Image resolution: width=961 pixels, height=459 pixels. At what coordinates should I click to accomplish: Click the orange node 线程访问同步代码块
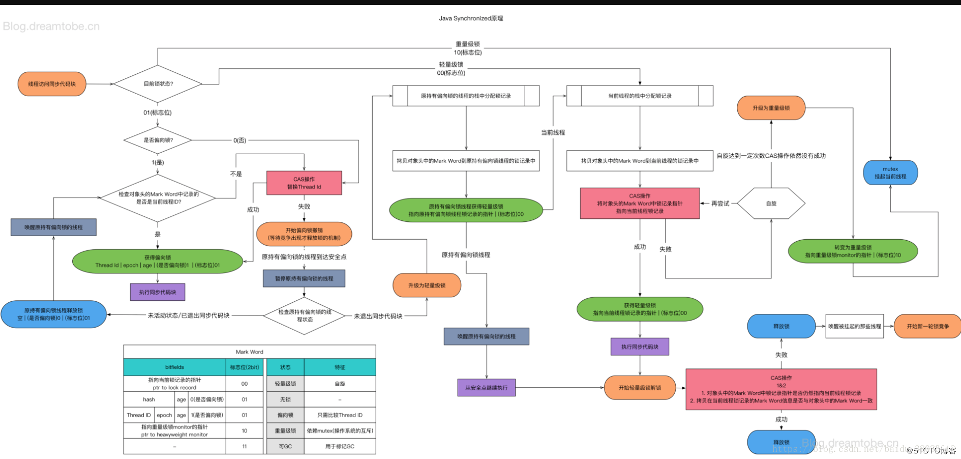pyautogui.click(x=52, y=84)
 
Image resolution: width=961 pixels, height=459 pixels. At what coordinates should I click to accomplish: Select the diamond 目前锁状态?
pyautogui.click(x=158, y=84)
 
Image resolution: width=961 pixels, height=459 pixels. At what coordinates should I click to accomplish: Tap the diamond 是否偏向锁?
pyautogui.click(x=158, y=140)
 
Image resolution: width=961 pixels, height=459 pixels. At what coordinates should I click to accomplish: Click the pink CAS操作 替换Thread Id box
pyautogui.click(x=304, y=183)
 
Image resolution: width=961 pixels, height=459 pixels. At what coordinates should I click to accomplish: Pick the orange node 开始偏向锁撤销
pyautogui.click(x=304, y=234)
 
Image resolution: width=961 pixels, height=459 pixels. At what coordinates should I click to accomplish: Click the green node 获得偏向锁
pyautogui.click(x=158, y=262)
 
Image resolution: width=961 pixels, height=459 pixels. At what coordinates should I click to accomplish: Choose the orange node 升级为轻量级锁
pyautogui.click(x=427, y=285)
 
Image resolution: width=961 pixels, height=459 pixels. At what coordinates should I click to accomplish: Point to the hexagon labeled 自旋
pyautogui.click(x=771, y=204)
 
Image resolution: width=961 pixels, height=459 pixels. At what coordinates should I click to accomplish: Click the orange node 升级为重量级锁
pyautogui.click(x=771, y=108)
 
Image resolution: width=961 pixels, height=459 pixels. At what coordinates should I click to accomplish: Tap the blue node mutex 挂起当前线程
pyautogui.click(x=890, y=173)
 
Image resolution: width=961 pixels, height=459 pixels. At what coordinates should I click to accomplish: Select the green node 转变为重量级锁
pyautogui.click(x=853, y=251)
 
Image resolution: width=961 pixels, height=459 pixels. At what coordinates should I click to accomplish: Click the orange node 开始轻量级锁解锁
pyautogui.click(x=640, y=388)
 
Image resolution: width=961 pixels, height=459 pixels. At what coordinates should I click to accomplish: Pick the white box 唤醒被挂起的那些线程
pyautogui.click(x=854, y=326)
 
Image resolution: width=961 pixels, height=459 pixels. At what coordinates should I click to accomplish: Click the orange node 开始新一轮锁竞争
pyautogui.click(x=927, y=326)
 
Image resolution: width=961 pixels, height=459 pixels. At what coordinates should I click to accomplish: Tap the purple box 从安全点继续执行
pyautogui.click(x=486, y=388)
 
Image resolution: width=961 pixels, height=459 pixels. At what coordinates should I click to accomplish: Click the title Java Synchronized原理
pyautogui.click(x=471, y=18)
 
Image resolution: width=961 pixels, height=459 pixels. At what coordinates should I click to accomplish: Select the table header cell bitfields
pyautogui.click(x=174, y=367)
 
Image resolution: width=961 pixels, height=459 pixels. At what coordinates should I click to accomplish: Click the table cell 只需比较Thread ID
pyautogui.click(x=340, y=415)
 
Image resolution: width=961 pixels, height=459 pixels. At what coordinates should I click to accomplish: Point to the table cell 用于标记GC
pyautogui.click(x=340, y=446)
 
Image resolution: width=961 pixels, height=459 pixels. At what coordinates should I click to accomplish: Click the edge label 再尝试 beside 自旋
pyautogui.click(x=720, y=204)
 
